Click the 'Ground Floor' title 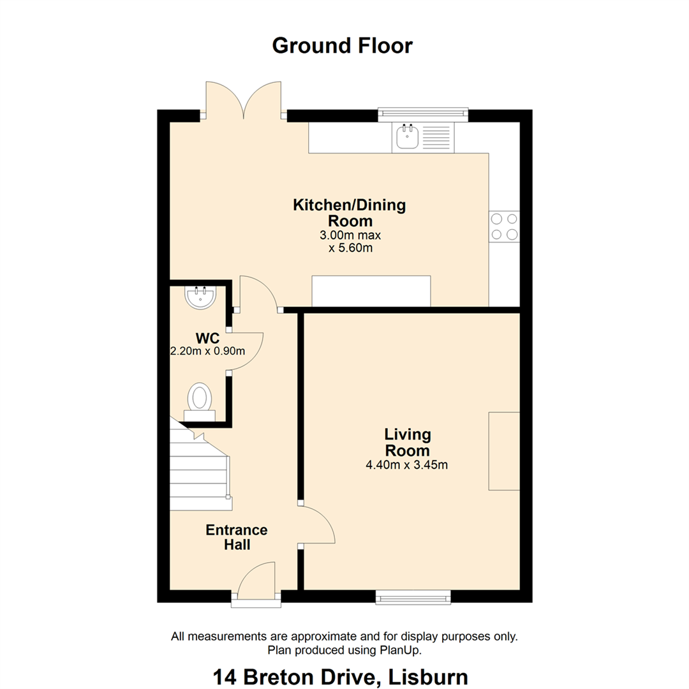(343, 46)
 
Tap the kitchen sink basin (407, 137)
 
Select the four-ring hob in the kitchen (504, 226)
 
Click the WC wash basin (200, 297)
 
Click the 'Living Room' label (407, 443)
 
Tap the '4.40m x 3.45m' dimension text (407, 465)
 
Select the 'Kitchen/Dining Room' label (350, 212)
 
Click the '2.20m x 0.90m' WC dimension (207, 351)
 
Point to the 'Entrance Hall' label (237, 537)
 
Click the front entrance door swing (256, 579)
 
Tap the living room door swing (317, 525)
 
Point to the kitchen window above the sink (423, 115)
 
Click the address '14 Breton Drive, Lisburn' (341, 677)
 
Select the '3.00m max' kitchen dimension (350, 235)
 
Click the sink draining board (436, 137)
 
